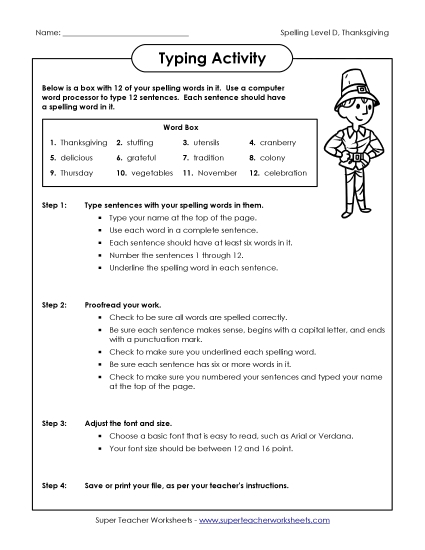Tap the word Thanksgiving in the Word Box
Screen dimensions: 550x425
click(x=83, y=143)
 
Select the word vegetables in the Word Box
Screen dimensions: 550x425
click(x=152, y=173)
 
